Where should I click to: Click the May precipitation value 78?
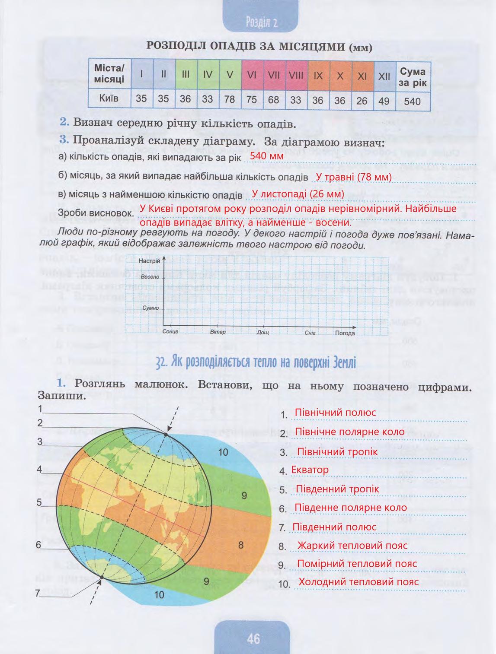click(230, 99)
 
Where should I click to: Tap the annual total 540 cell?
click(412, 101)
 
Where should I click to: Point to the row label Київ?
click(109, 98)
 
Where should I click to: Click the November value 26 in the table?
click(362, 100)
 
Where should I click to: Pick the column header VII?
click(274, 75)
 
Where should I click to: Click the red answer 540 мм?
click(266, 156)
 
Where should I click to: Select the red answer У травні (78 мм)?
click(354, 177)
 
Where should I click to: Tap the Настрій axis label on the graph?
click(149, 261)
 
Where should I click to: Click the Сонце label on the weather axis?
click(171, 332)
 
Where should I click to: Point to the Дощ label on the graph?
click(262, 332)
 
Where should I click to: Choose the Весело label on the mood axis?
click(150, 276)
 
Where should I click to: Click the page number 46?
click(253, 638)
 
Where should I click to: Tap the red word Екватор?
click(310, 470)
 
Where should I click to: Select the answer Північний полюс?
click(335, 413)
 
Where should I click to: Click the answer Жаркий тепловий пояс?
click(352, 546)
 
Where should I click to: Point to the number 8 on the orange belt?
click(241, 545)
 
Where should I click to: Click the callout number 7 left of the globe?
click(38, 593)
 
